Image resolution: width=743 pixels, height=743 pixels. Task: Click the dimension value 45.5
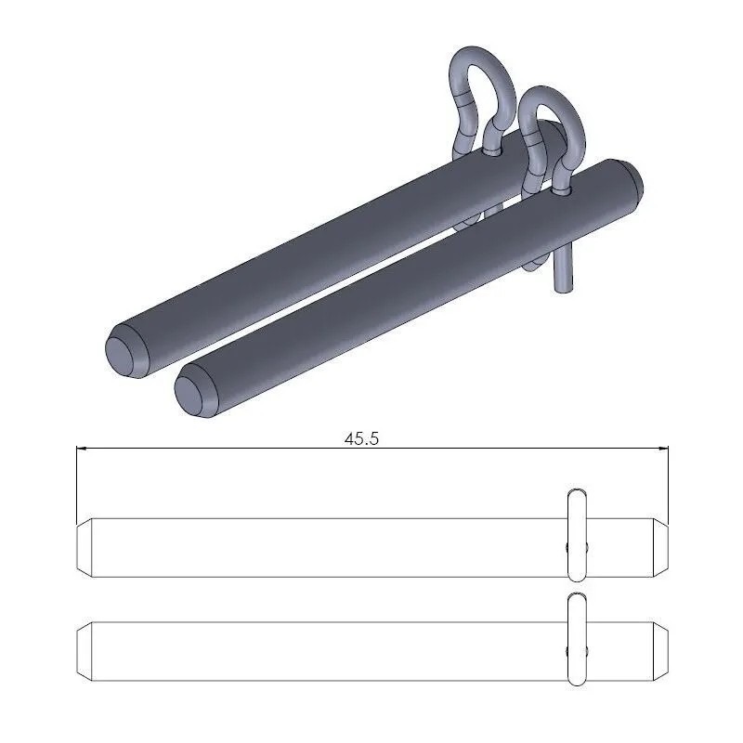coord(361,439)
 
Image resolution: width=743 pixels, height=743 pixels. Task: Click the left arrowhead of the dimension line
coord(82,450)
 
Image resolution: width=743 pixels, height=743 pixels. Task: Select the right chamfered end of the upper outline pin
coord(659,547)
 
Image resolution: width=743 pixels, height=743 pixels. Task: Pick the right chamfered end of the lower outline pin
coord(659,650)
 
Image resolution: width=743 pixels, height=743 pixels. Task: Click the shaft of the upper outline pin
coord(325,547)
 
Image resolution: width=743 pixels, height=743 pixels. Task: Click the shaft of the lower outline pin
coord(325,650)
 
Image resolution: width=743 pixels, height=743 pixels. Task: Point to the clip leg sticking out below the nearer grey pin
coord(564,274)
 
